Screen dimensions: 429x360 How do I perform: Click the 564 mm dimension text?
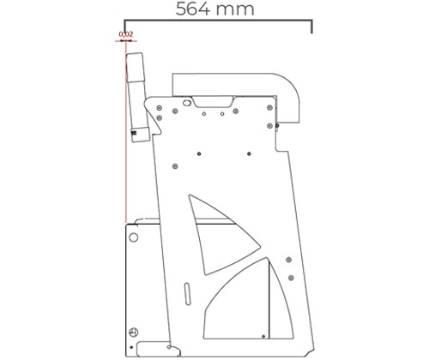(214, 9)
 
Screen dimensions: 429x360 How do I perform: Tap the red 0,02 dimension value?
(126, 34)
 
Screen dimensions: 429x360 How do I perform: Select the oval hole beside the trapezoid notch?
(187, 102)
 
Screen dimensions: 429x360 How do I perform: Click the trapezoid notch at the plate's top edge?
(212, 102)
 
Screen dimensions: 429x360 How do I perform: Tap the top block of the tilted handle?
(135, 68)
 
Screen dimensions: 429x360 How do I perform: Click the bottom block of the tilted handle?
(140, 135)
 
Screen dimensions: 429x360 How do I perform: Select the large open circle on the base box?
(134, 237)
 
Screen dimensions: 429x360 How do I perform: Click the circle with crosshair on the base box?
(134, 333)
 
